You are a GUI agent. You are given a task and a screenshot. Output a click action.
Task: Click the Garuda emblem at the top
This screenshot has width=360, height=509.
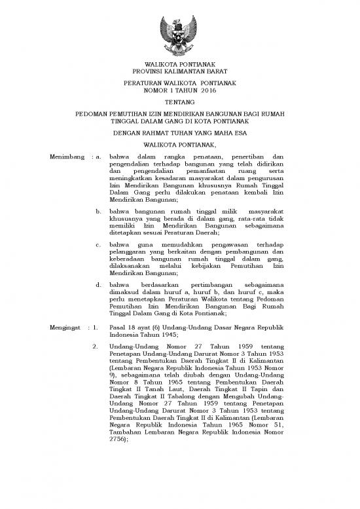pos(179,36)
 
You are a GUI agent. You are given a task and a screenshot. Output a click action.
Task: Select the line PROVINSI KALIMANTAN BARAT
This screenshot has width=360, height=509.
pos(179,72)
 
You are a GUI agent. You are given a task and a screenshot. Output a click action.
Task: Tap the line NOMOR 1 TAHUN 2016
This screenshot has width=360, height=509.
pos(179,92)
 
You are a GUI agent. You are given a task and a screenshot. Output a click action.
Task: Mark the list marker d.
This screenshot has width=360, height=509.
pos(98,304)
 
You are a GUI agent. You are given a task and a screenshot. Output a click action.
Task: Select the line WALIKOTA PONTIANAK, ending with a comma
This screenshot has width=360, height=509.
pos(179,144)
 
